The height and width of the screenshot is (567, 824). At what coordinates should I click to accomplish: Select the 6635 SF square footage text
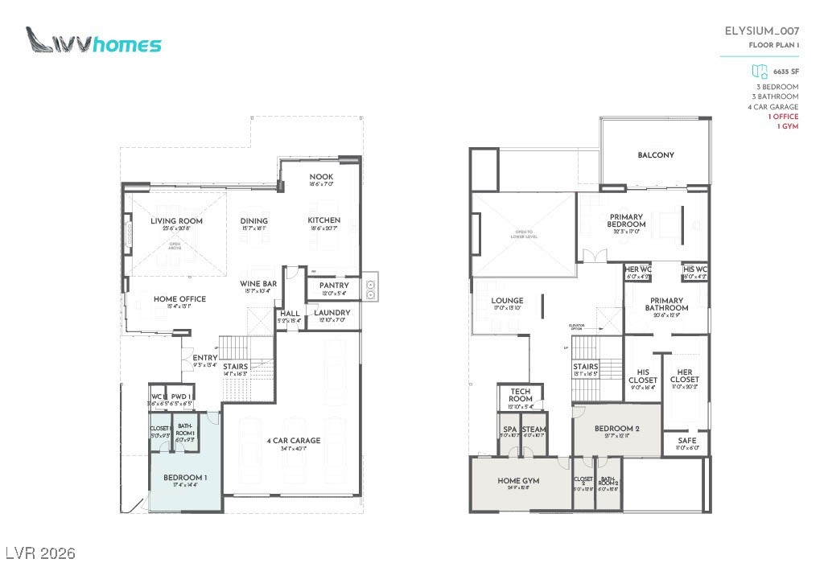click(785, 72)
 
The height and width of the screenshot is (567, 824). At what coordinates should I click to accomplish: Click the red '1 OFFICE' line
click(783, 117)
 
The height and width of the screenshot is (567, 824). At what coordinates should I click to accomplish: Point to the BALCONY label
click(656, 155)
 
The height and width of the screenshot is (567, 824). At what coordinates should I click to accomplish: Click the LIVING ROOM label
click(176, 221)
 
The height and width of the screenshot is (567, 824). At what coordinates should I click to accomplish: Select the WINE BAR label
click(258, 284)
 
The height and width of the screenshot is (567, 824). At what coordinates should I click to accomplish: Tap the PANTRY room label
click(333, 286)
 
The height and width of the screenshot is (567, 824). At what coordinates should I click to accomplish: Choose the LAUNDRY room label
click(332, 313)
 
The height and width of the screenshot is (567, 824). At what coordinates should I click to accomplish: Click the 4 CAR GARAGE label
click(293, 441)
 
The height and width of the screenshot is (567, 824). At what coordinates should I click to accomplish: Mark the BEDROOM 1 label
click(184, 478)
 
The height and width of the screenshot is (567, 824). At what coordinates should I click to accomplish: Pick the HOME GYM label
click(518, 480)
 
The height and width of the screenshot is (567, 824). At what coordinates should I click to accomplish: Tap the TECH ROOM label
click(521, 395)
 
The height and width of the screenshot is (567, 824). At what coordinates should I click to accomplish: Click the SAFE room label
click(686, 441)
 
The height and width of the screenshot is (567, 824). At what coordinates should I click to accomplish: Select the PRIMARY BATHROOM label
click(667, 304)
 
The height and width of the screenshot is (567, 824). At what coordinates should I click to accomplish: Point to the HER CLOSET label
click(685, 376)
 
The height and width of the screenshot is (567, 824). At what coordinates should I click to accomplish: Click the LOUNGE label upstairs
click(508, 301)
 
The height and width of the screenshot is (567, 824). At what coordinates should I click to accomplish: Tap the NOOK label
click(322, 177)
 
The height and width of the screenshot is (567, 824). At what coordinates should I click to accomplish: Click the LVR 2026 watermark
click(40, 553)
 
